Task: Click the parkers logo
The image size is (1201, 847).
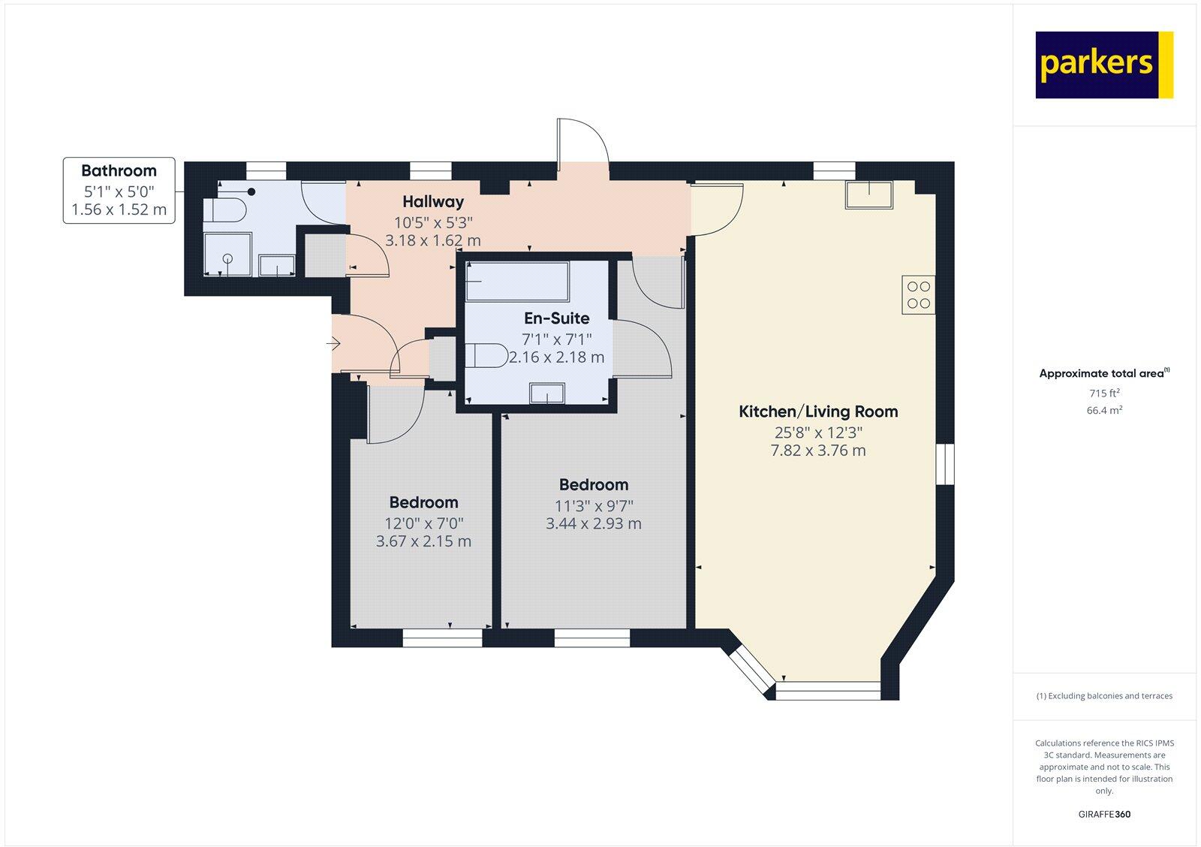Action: pos(1103,65)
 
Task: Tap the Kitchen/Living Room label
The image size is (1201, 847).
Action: pos(818,411)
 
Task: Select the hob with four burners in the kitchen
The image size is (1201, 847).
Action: pos(919,294)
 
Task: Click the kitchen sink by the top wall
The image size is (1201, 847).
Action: pos(869,194)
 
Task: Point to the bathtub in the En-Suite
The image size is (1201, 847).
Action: pos(516,281)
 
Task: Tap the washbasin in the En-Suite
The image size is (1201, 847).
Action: pos(546,393)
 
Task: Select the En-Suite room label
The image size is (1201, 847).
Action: pos(555,318)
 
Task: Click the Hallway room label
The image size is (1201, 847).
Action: pos(432,201)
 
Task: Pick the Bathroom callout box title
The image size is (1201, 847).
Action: pos(119,170)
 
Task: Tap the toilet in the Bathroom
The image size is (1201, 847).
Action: pos(225,209)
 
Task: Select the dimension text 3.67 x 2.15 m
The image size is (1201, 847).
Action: pos(423,541)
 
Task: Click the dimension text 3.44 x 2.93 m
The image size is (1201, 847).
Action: pos(593,523)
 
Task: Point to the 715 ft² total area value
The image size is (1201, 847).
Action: pos(1104,393)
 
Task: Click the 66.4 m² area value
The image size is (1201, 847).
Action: pos(1104,411)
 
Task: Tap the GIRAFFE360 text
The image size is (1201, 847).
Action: pos(1104,814)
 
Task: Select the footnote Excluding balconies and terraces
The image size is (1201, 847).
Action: pos(1104,696)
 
